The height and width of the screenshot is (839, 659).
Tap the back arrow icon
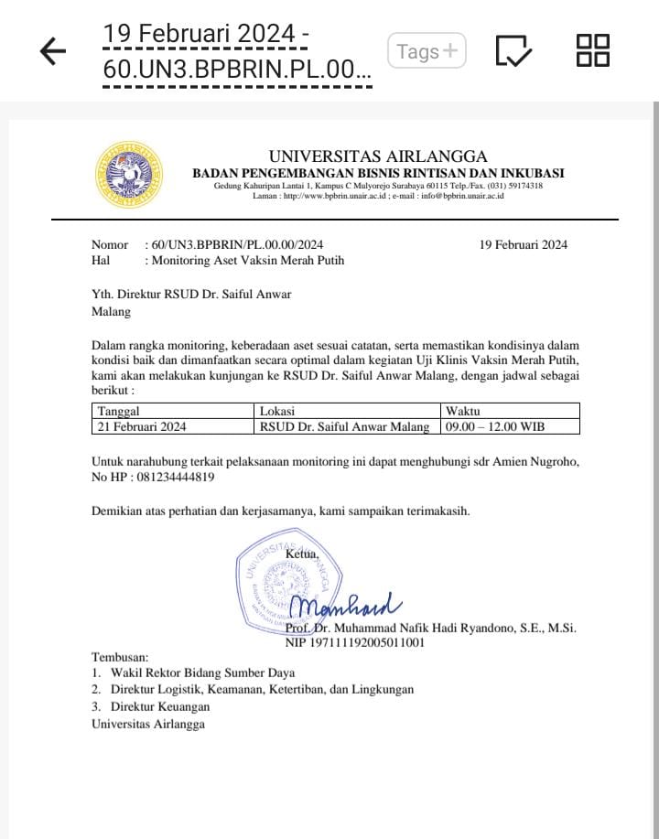click(54, 52)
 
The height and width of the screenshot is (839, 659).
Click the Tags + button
click(427, 52)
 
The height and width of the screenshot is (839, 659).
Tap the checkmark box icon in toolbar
click(513, 52)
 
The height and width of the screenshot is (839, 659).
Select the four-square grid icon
click(593, 50)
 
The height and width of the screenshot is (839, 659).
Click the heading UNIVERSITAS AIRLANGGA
click(378, 156)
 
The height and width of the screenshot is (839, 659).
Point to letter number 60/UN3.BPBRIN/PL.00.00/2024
click(237, 244)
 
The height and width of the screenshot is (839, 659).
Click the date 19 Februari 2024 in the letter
click(524, 244)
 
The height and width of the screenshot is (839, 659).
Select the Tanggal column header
click(119, 411)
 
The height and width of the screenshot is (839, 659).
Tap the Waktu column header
click(463, 411)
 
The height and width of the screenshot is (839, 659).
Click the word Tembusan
click(120, 658)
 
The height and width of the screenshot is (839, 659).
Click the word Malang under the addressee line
click(111, 311)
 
